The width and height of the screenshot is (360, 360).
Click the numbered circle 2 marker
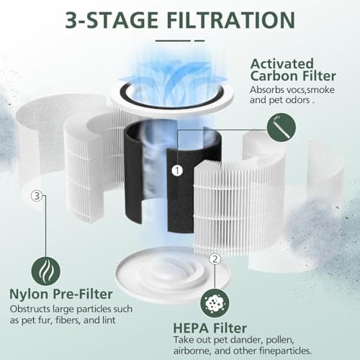click(x=214, y=259)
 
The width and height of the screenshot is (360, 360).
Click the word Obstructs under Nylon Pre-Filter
click(x=29, y=310)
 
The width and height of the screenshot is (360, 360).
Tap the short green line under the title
click(x=173, y=40)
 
